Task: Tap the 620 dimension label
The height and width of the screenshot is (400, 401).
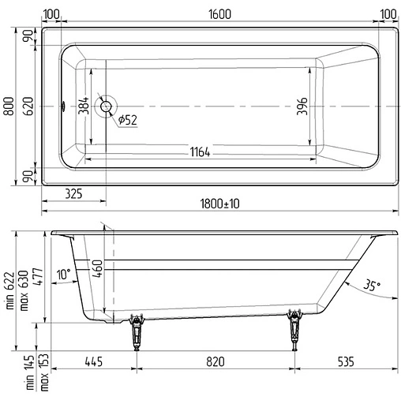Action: [x=28, y=106]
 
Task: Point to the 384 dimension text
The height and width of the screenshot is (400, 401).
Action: [x=83, y=107]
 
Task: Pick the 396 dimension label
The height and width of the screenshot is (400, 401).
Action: [x=301, y=107]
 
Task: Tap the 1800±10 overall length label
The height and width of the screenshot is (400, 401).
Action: [x=220, y=204]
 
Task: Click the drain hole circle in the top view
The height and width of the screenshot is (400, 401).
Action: [x=106, y=107]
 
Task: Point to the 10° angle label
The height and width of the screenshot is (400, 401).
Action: [x=63, y=273]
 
